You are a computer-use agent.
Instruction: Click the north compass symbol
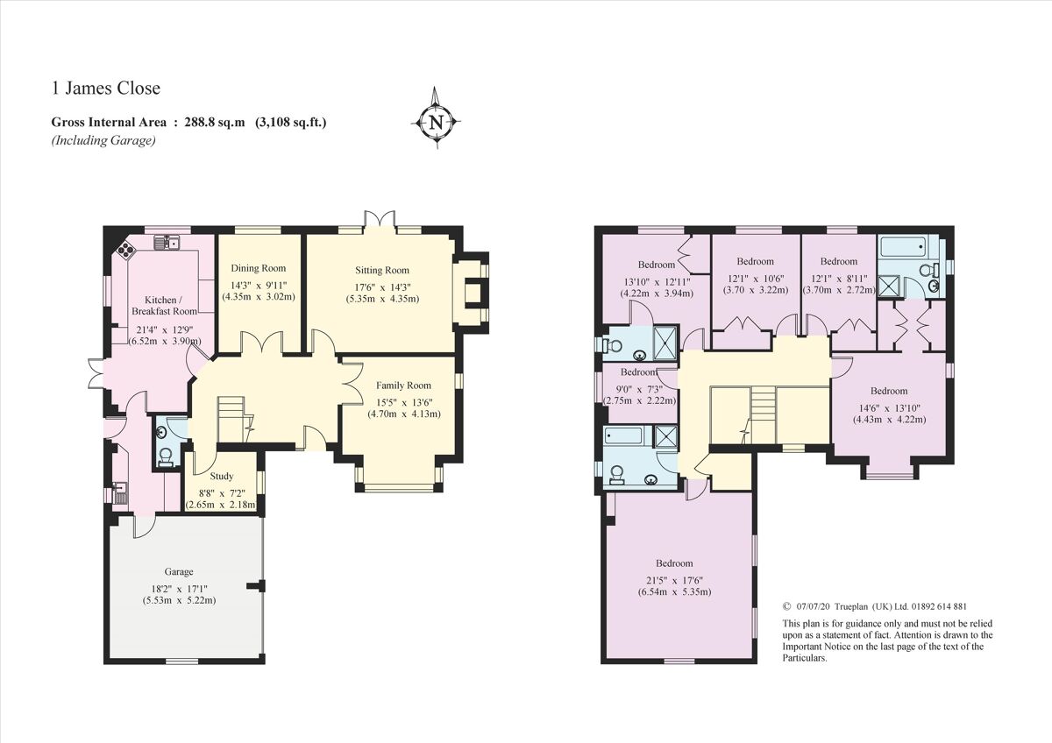(435, 121)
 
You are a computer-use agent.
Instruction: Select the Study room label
(222, 477)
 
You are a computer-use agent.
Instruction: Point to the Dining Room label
(259, 268)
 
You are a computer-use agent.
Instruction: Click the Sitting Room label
(381, 270)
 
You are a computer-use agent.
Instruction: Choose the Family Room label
(404, 386)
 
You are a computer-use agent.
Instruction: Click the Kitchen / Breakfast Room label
(164, 306)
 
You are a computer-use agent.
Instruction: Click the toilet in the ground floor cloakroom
(166, 455)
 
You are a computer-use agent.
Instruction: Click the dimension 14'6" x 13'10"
(889, 406)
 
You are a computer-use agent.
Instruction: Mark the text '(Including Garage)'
(103, 140)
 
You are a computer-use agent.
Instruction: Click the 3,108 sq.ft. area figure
(290, 123)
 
